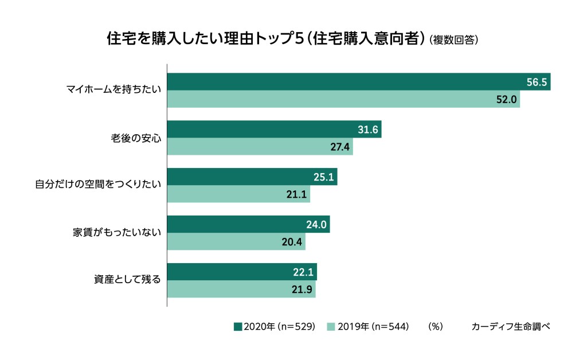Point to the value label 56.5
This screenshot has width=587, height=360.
[x=538, y=82]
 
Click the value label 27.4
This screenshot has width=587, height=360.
[x=340, y=147]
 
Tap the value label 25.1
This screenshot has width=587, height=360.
[x=324, y=177]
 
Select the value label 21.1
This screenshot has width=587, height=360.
[x=297, y=194]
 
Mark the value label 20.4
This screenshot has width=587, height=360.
[x=292, y=242]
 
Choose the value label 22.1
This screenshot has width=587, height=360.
[x=304, y=272]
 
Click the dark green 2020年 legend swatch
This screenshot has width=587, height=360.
[x=238, y=327]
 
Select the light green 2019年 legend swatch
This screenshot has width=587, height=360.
[x=331, y=327]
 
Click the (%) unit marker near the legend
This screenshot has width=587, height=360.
[x=436, y=327]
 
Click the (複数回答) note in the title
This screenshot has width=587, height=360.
[x=453, y=40]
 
